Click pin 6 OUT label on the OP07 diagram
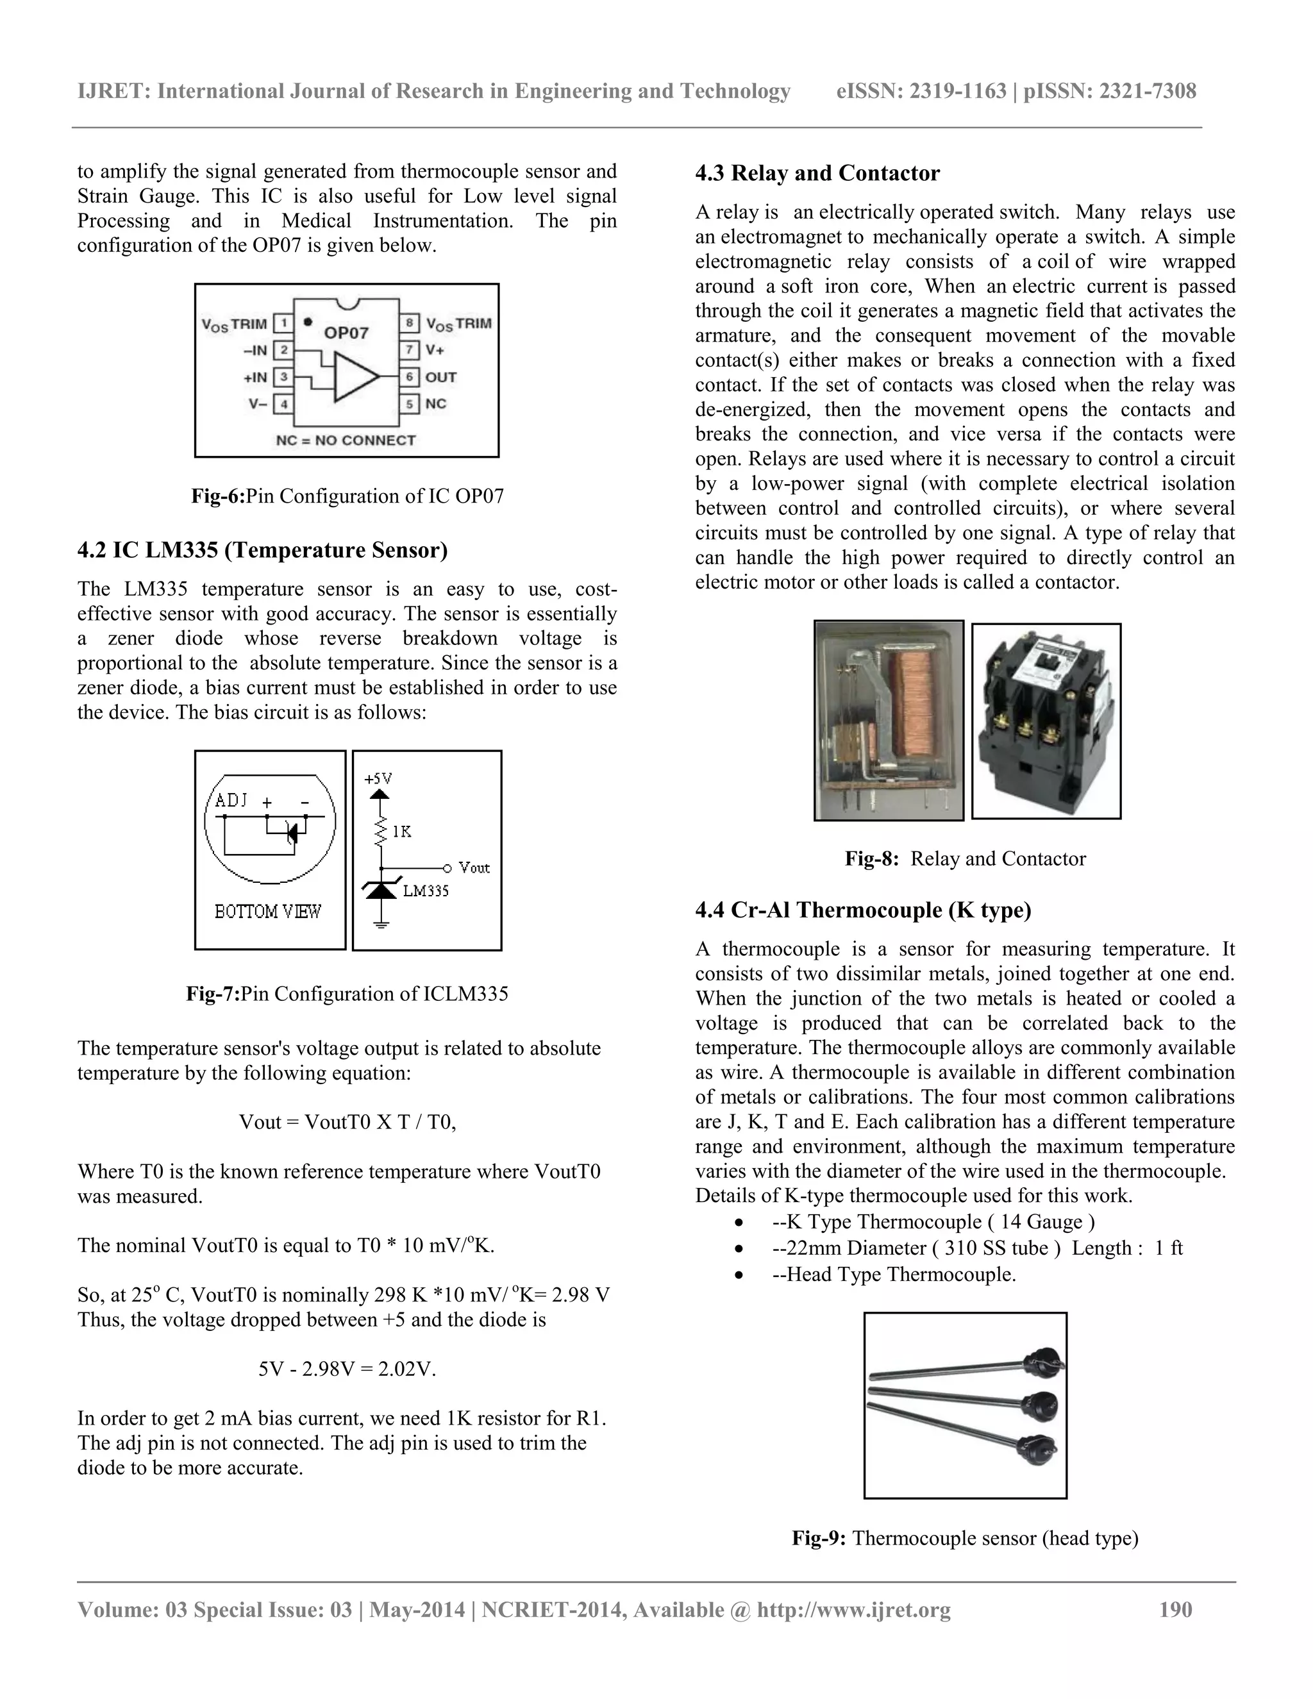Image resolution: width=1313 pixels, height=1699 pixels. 440,377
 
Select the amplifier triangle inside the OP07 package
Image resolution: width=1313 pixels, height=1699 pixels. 355,376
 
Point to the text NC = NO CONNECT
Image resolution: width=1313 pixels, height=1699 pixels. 346,440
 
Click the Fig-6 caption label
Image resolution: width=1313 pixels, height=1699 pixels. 218,496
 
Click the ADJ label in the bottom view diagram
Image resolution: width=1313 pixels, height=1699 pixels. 231,801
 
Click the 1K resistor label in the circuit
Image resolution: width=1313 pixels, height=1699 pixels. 402,832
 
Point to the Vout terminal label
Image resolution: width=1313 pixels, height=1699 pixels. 474,867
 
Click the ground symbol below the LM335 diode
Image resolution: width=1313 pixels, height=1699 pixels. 380,924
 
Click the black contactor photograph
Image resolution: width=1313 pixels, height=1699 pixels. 1046,722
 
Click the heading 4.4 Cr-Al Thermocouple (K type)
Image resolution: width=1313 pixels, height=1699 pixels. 863,910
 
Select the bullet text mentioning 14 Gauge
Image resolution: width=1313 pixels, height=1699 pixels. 933,1221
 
